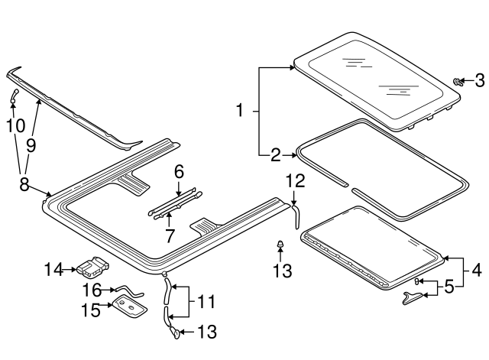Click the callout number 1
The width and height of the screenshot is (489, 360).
point(239,112)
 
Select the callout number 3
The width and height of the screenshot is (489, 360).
point(480,79)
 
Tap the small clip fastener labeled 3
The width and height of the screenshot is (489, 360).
point(457,80)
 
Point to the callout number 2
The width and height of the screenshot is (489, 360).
point(275,156)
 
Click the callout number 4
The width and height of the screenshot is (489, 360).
point(475,269)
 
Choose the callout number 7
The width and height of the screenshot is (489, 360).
point(170,236)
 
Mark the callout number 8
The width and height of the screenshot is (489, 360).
point(24,184)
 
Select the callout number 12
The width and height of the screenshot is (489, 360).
point(295,181)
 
